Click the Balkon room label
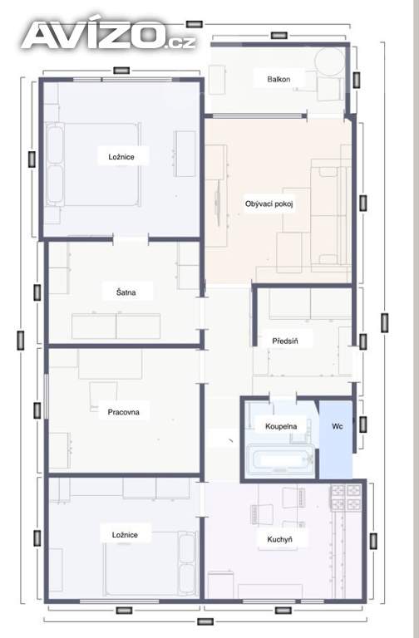click(279, 79)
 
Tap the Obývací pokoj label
click(269, 204)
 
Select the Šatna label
click(126, 292)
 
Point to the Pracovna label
click(123, 412)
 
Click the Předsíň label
click(285, 341)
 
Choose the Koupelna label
click(281, 426)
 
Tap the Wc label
click(338, 426)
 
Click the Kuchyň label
click(279, 539)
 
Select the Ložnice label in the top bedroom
click(121, 157)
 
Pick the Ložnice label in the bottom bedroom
click(125, 535)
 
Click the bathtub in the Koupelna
click(280, 460)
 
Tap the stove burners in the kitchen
click(346, 498)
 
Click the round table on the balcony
click(329, 61)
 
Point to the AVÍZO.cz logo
click(109, 35)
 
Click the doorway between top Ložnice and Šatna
click(131, 239)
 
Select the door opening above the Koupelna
click(283, 398)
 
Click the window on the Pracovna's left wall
click(47, 396)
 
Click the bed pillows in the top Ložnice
click(56, 164)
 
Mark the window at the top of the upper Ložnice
click(122, 80)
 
